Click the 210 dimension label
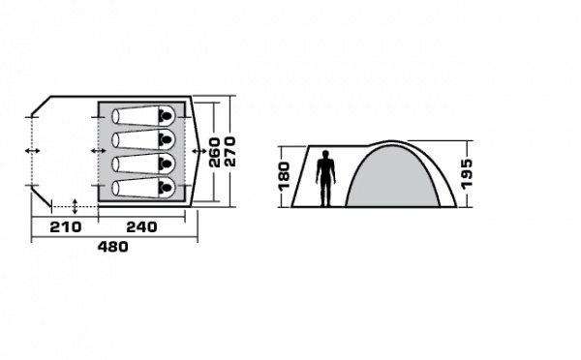tap(66, 226)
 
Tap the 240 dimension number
tap(141, 226)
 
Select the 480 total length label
tap(113, 247)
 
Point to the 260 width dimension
tap(215, 152)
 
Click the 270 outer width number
tap(229, 152)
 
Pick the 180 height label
tap(285, 175)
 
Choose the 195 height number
tap(468, 173)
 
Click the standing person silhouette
tap(325, 178)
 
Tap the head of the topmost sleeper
tap(166, 116)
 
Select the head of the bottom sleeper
tap(166, 188)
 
